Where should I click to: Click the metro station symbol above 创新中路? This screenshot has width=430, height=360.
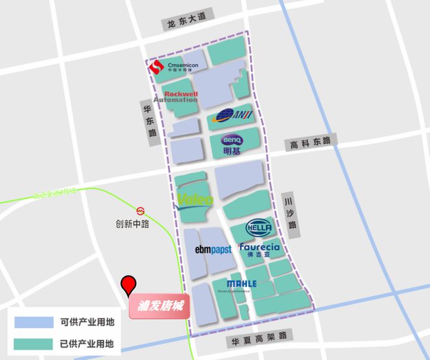[x=141, y=210]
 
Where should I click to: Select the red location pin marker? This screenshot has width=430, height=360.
[x=129, y=286]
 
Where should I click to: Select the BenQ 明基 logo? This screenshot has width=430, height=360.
[x=232, y=144]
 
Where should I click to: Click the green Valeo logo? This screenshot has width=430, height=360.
[x=195, y=200]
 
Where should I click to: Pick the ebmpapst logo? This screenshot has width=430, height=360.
[x=213, y=249]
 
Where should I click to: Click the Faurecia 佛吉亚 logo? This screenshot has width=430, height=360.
[x=259, y=250]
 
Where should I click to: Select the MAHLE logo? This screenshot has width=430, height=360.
[x=242, y=284]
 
